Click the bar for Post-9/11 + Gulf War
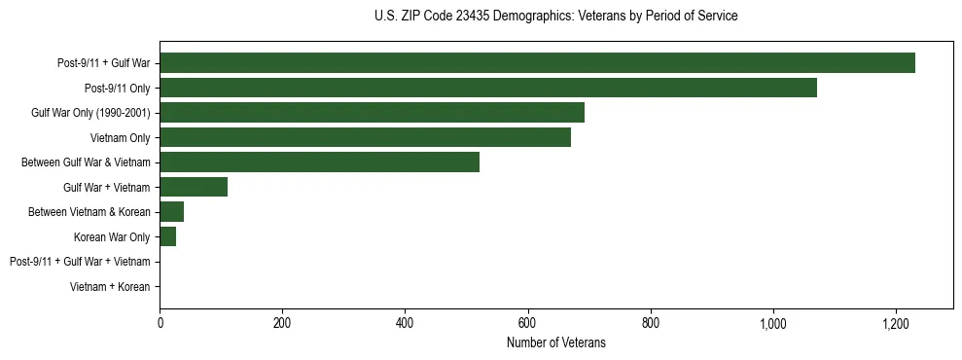click(x=537, y=63)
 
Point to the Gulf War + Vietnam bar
click(x=194, y=187)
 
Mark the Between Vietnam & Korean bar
click(x=171, y=212)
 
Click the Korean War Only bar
click(x=167, y=236)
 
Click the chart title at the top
click(x=555, y=17)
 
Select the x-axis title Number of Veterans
click(x=555, y=342)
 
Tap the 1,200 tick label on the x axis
click(x=895, y=323)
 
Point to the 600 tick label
click(x=527, y=323)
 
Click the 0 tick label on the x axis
click(x=160, y=323)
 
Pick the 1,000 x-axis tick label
click(x=772, y=323)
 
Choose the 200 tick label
click(x=282, y=323)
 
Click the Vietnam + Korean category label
click(x=110, y=287)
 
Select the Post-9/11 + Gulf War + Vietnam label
click(x=80, y=262)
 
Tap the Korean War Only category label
click(x=112, y=237)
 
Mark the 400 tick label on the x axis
click(x=405, y=323)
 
